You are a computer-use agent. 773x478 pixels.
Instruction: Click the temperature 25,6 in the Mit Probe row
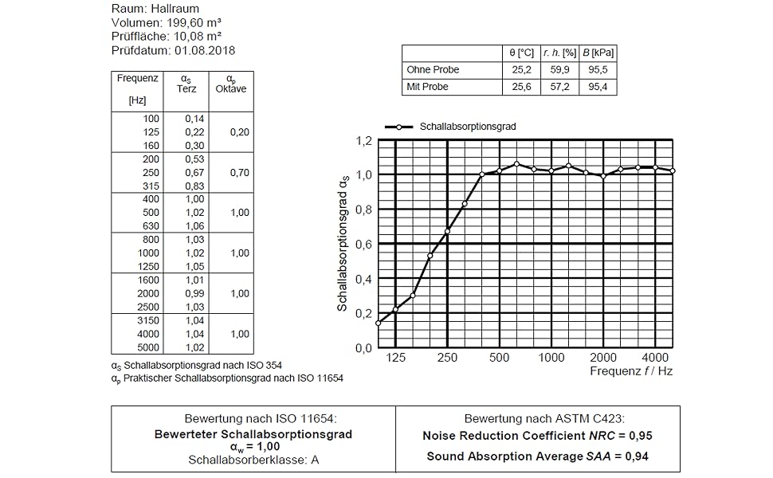point(522,87)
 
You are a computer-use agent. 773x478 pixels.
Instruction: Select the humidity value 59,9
point(560,70)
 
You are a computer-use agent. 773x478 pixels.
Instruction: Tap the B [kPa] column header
point(598,53)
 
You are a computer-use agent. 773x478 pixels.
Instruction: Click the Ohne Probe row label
point(433,70)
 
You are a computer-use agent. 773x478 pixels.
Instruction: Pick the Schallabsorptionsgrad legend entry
point(467,126)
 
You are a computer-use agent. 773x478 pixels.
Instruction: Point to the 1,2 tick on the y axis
point(363,141)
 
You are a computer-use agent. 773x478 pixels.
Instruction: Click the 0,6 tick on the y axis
point(363,245)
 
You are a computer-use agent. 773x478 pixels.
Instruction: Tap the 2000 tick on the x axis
point(603,358)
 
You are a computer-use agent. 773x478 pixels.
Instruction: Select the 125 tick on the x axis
point(396,358)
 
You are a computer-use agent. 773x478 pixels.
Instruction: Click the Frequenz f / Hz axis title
point(632,371)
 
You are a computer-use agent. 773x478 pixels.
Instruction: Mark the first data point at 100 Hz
point(379,323)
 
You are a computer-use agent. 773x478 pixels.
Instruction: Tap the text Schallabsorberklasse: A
point(253,460)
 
